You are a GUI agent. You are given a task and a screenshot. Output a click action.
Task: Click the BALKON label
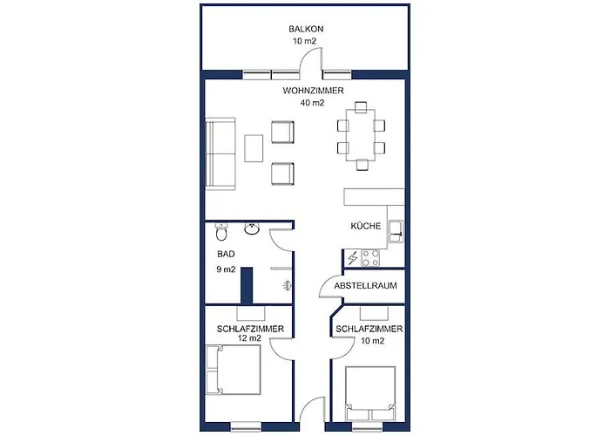[x=307, y=29]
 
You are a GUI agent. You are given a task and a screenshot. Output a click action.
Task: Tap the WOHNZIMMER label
[x=313, y=91]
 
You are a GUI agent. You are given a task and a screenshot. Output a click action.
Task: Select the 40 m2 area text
[x=313, y=103]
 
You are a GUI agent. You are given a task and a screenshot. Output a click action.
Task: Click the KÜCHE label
[x=366, y=226]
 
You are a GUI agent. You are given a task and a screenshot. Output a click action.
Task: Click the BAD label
[x=226, y=255]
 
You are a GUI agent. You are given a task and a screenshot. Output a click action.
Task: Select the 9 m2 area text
[x=227, y=270]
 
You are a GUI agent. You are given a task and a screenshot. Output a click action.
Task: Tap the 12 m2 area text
[x=250, y=338]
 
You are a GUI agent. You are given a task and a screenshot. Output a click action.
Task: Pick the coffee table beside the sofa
[x=255, y=146]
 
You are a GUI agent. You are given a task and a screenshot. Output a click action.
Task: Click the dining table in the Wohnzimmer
[x=361, y=133]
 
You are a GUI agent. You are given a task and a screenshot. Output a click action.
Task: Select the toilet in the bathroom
[x=221, y=234]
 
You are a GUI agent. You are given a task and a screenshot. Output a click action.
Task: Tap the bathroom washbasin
[x=252, y=230]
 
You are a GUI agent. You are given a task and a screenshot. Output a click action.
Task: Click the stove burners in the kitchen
[x=371, y=258]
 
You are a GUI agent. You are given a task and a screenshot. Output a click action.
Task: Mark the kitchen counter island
[x=375, y=195]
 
